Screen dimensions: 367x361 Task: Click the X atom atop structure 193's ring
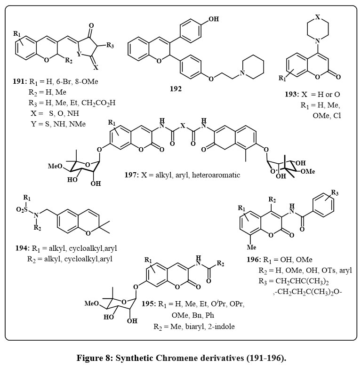[x=319, y=17]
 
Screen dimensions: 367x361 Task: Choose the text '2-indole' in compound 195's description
[x=215, y=326]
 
